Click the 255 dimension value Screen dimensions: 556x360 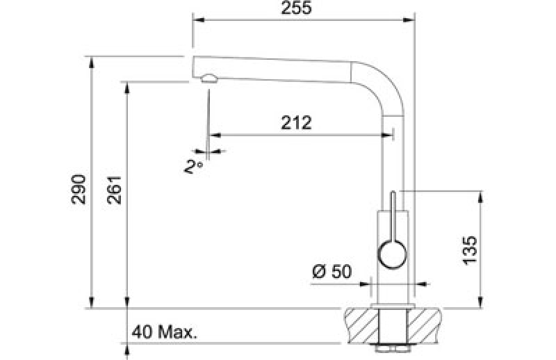click(x=296, y=8)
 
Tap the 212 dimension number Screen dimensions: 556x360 click(x=296, y=123)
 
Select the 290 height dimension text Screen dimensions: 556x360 click(x=79, y=190)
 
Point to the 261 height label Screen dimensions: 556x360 click(x=114, y=190)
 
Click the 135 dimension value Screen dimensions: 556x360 click(x=471, y=250)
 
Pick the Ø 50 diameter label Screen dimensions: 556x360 click(x=332, y=272)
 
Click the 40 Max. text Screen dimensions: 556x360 click(x=164, y=332)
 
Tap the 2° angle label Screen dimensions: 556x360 click(x=194, y=166)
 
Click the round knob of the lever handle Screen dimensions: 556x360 click(x=393, y=254)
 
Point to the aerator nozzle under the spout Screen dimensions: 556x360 click(x=209, y=79)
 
